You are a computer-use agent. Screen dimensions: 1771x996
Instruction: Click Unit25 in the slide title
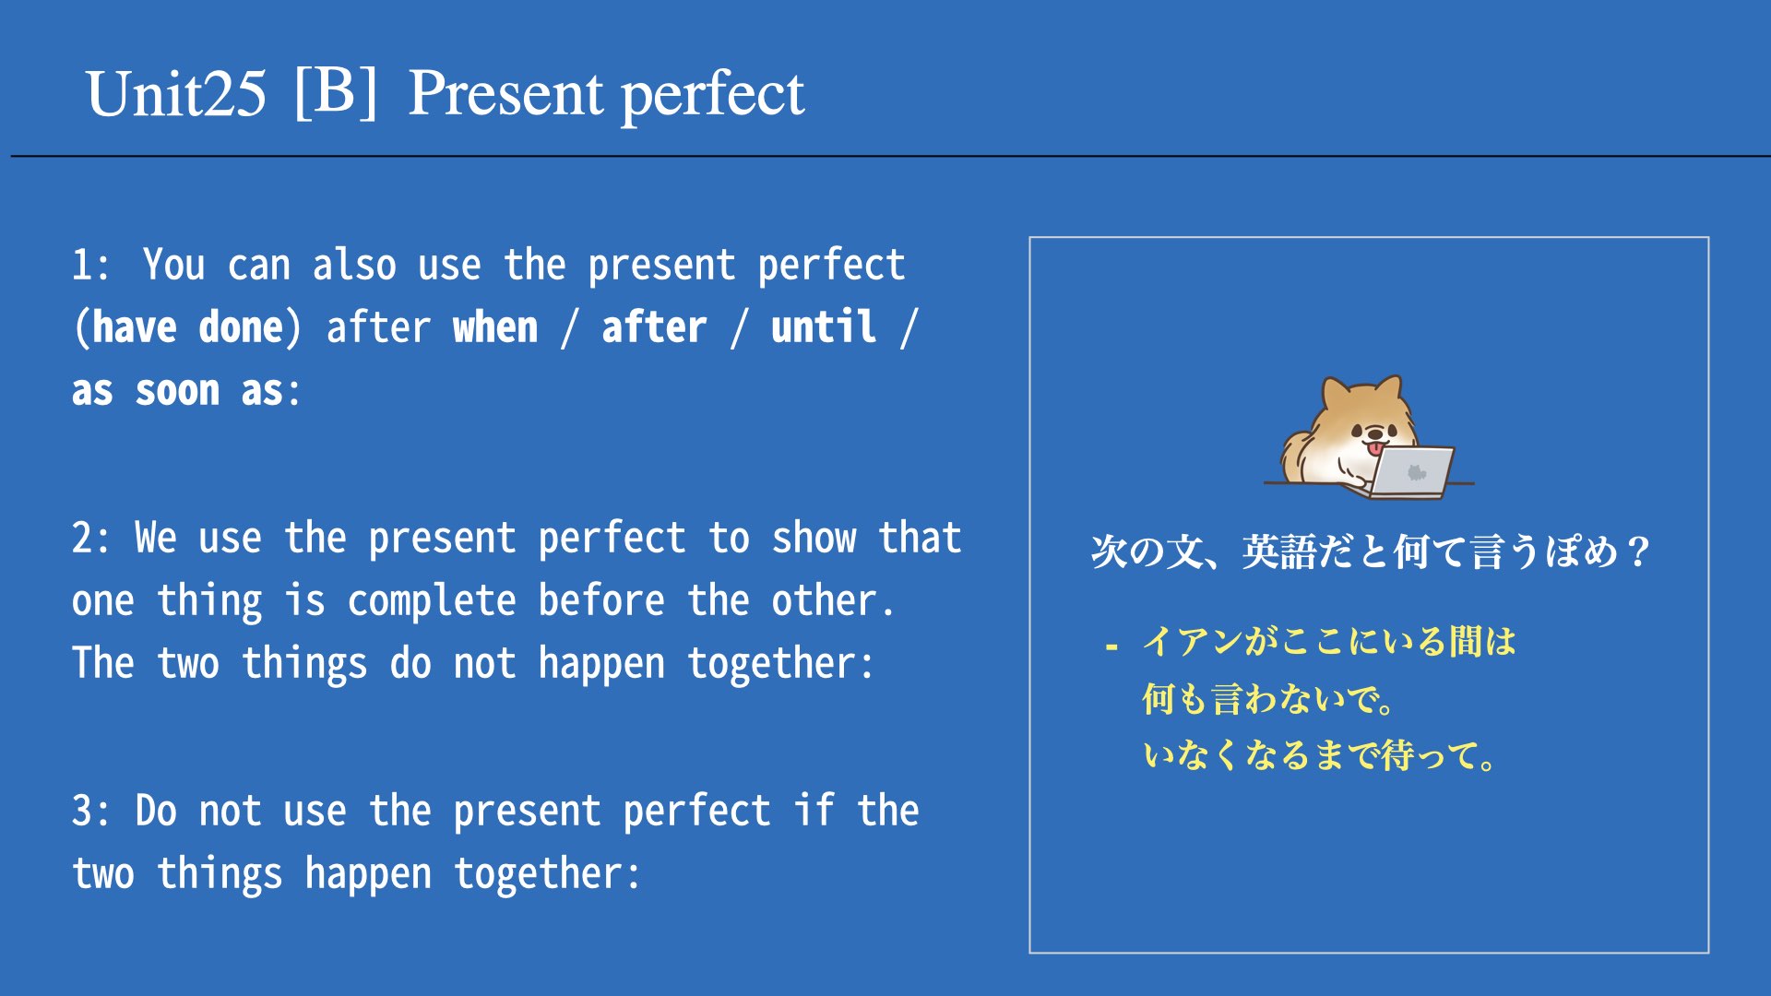coord(176,94)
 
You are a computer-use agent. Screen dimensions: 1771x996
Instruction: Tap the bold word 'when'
coord(495,327)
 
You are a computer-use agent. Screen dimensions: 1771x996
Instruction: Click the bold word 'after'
coord(654,327)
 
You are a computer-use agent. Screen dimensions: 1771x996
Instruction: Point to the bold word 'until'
coord(824,327)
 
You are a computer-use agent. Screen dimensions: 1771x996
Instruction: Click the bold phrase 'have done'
coord(188,327)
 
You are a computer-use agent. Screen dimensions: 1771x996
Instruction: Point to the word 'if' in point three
coord(814,810)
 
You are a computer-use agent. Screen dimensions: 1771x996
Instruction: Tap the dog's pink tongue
coord(1376,449)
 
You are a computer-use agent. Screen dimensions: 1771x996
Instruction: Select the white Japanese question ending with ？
coord(1370,552)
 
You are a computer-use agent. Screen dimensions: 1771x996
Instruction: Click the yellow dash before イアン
coord(1111,646)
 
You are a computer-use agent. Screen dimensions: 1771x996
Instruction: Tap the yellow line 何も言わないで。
coord(1268,699)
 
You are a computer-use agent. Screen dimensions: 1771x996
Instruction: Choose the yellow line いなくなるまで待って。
coord(1320,755)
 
